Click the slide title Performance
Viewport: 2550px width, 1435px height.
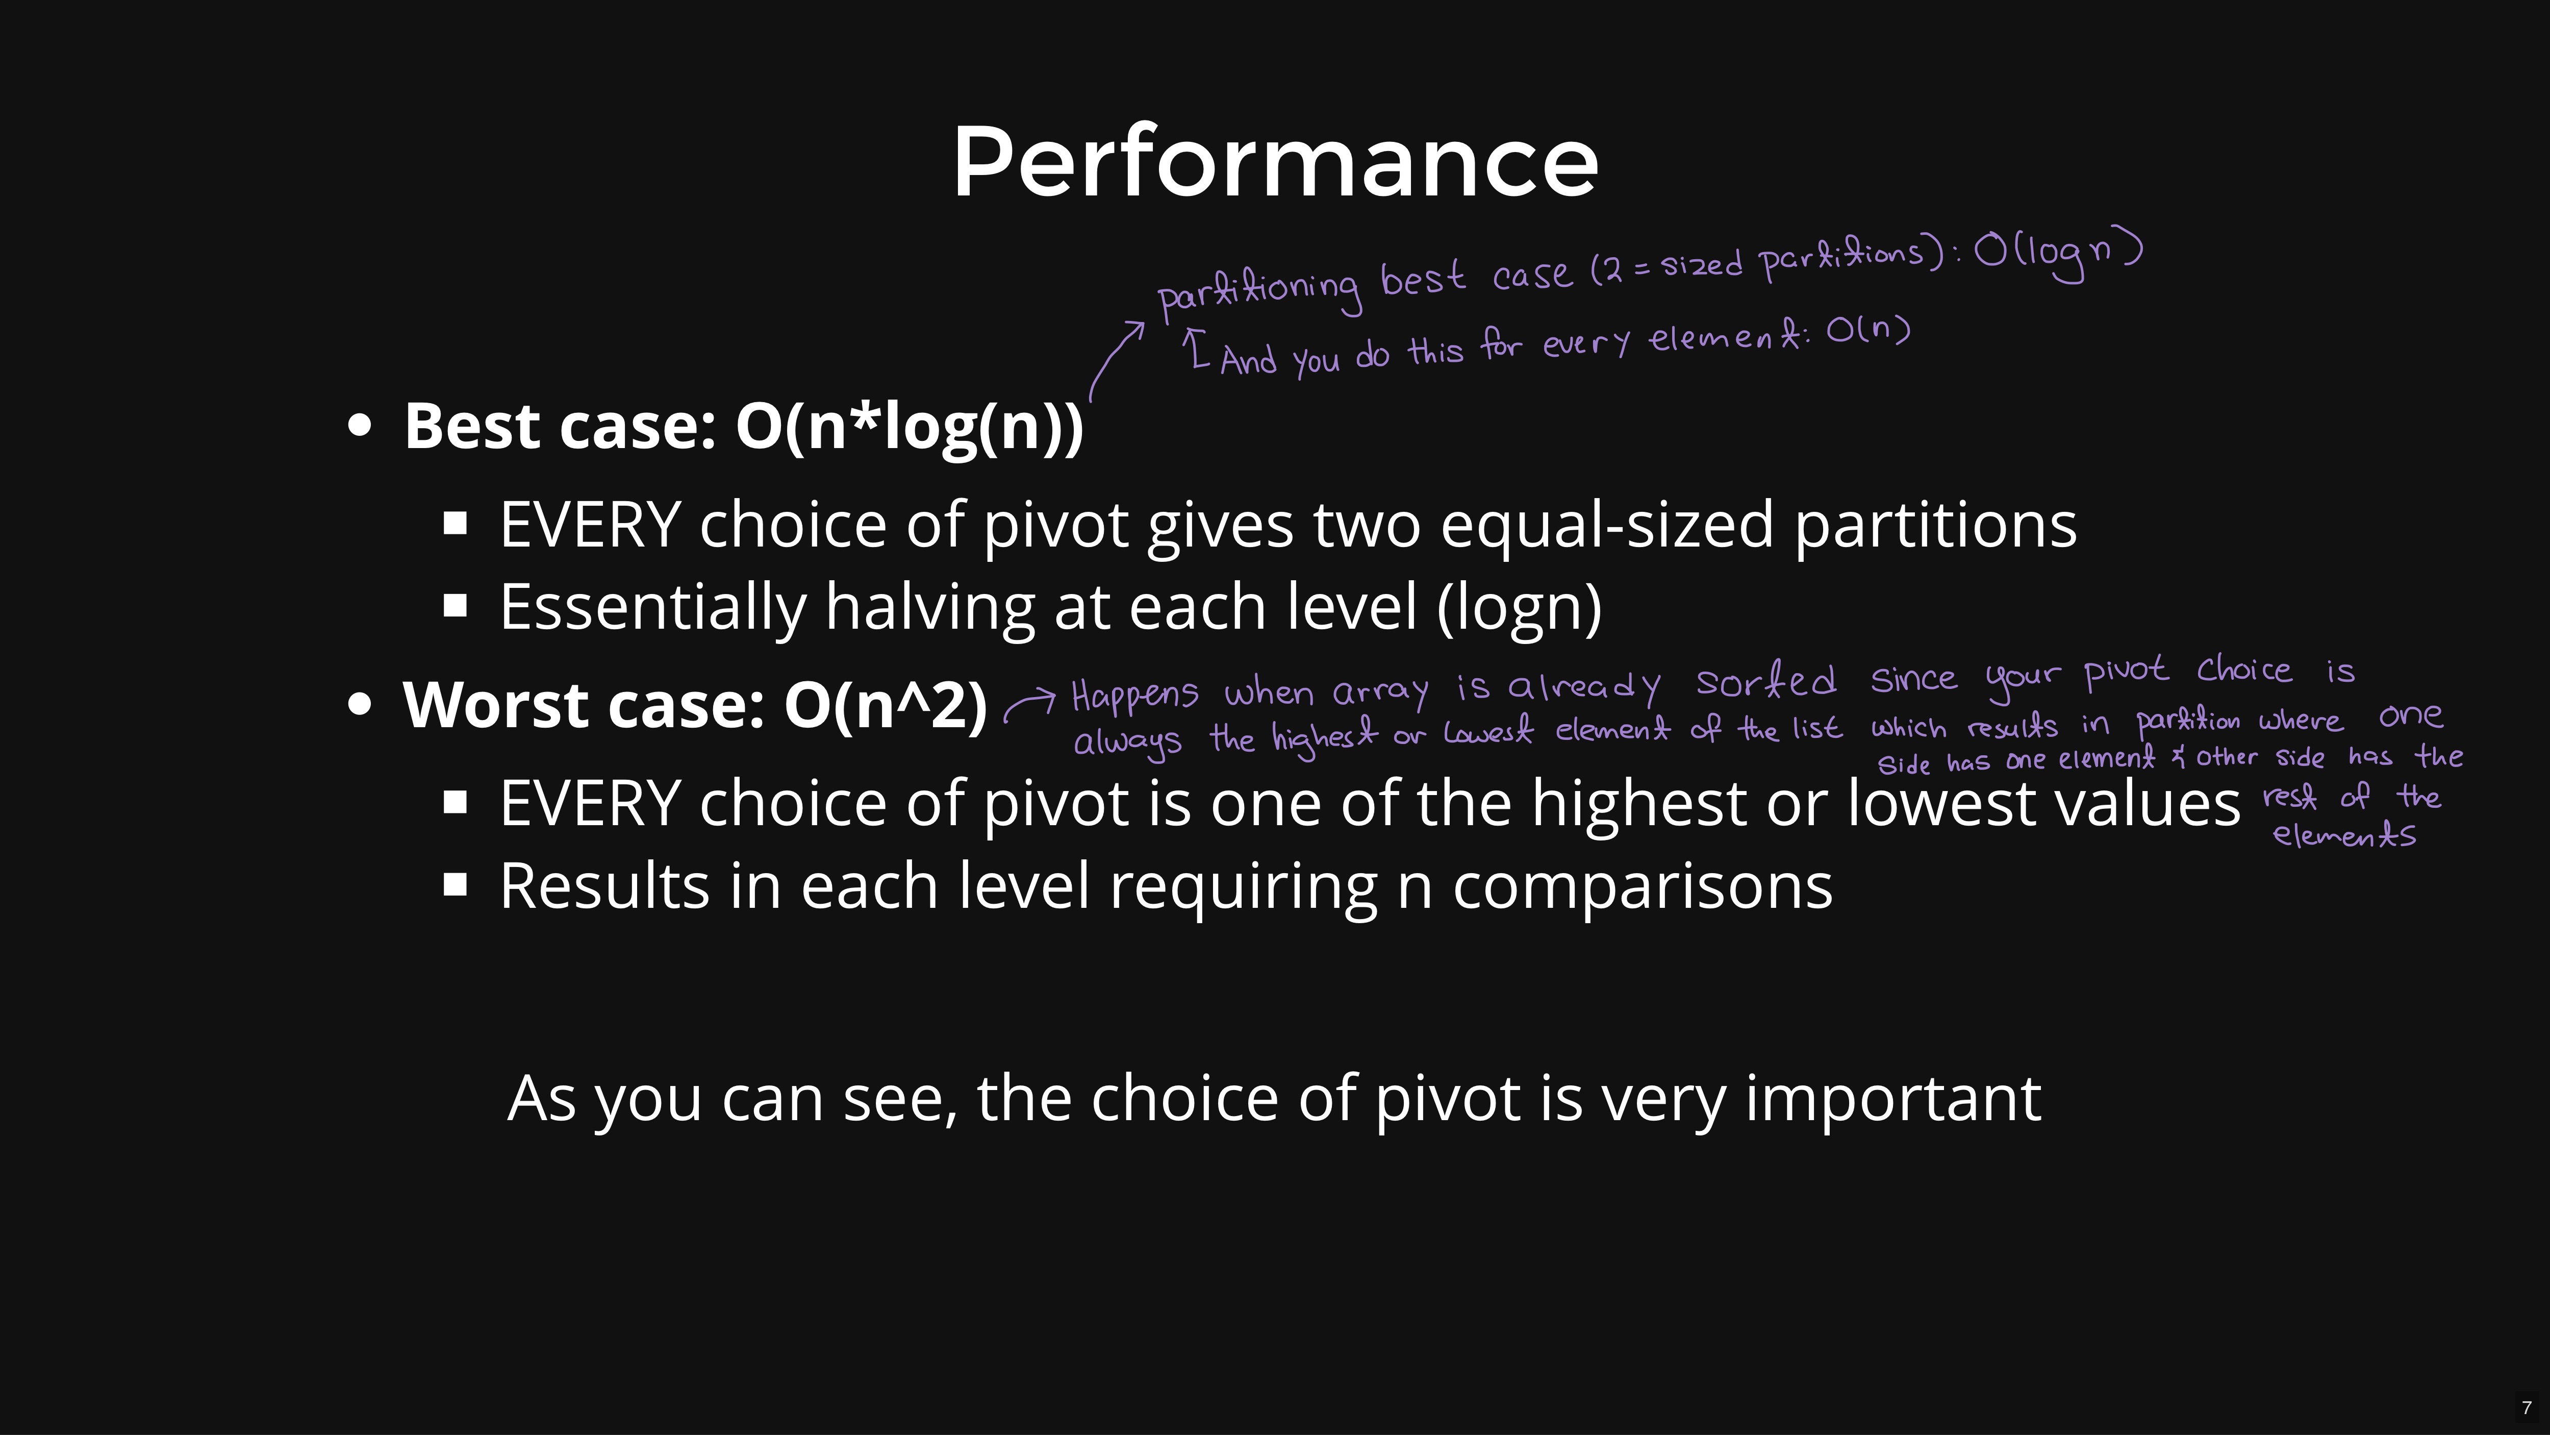1275,161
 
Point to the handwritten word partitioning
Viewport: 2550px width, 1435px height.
1259,291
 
